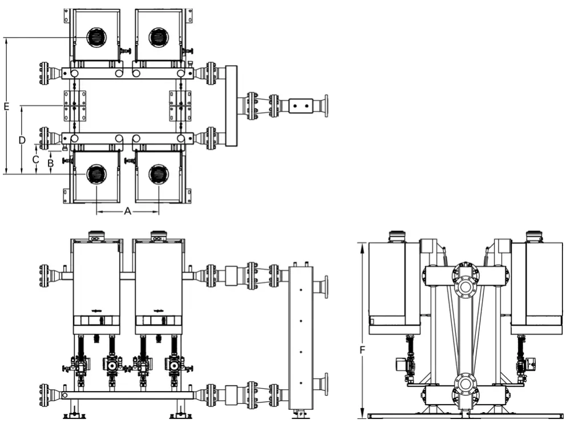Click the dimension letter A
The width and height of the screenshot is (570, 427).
pos(128,212)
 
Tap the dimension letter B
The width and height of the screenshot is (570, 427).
pos(50,162)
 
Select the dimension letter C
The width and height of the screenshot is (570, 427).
pos(35,160)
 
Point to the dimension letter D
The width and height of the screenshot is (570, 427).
pos(21,140)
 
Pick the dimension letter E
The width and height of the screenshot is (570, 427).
pos(6,106)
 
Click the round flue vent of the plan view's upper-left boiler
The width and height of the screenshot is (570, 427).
pos(96,37)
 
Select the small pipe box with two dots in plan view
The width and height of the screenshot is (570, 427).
pos(301,106)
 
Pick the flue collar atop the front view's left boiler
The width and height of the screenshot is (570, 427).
pos(96,234)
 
